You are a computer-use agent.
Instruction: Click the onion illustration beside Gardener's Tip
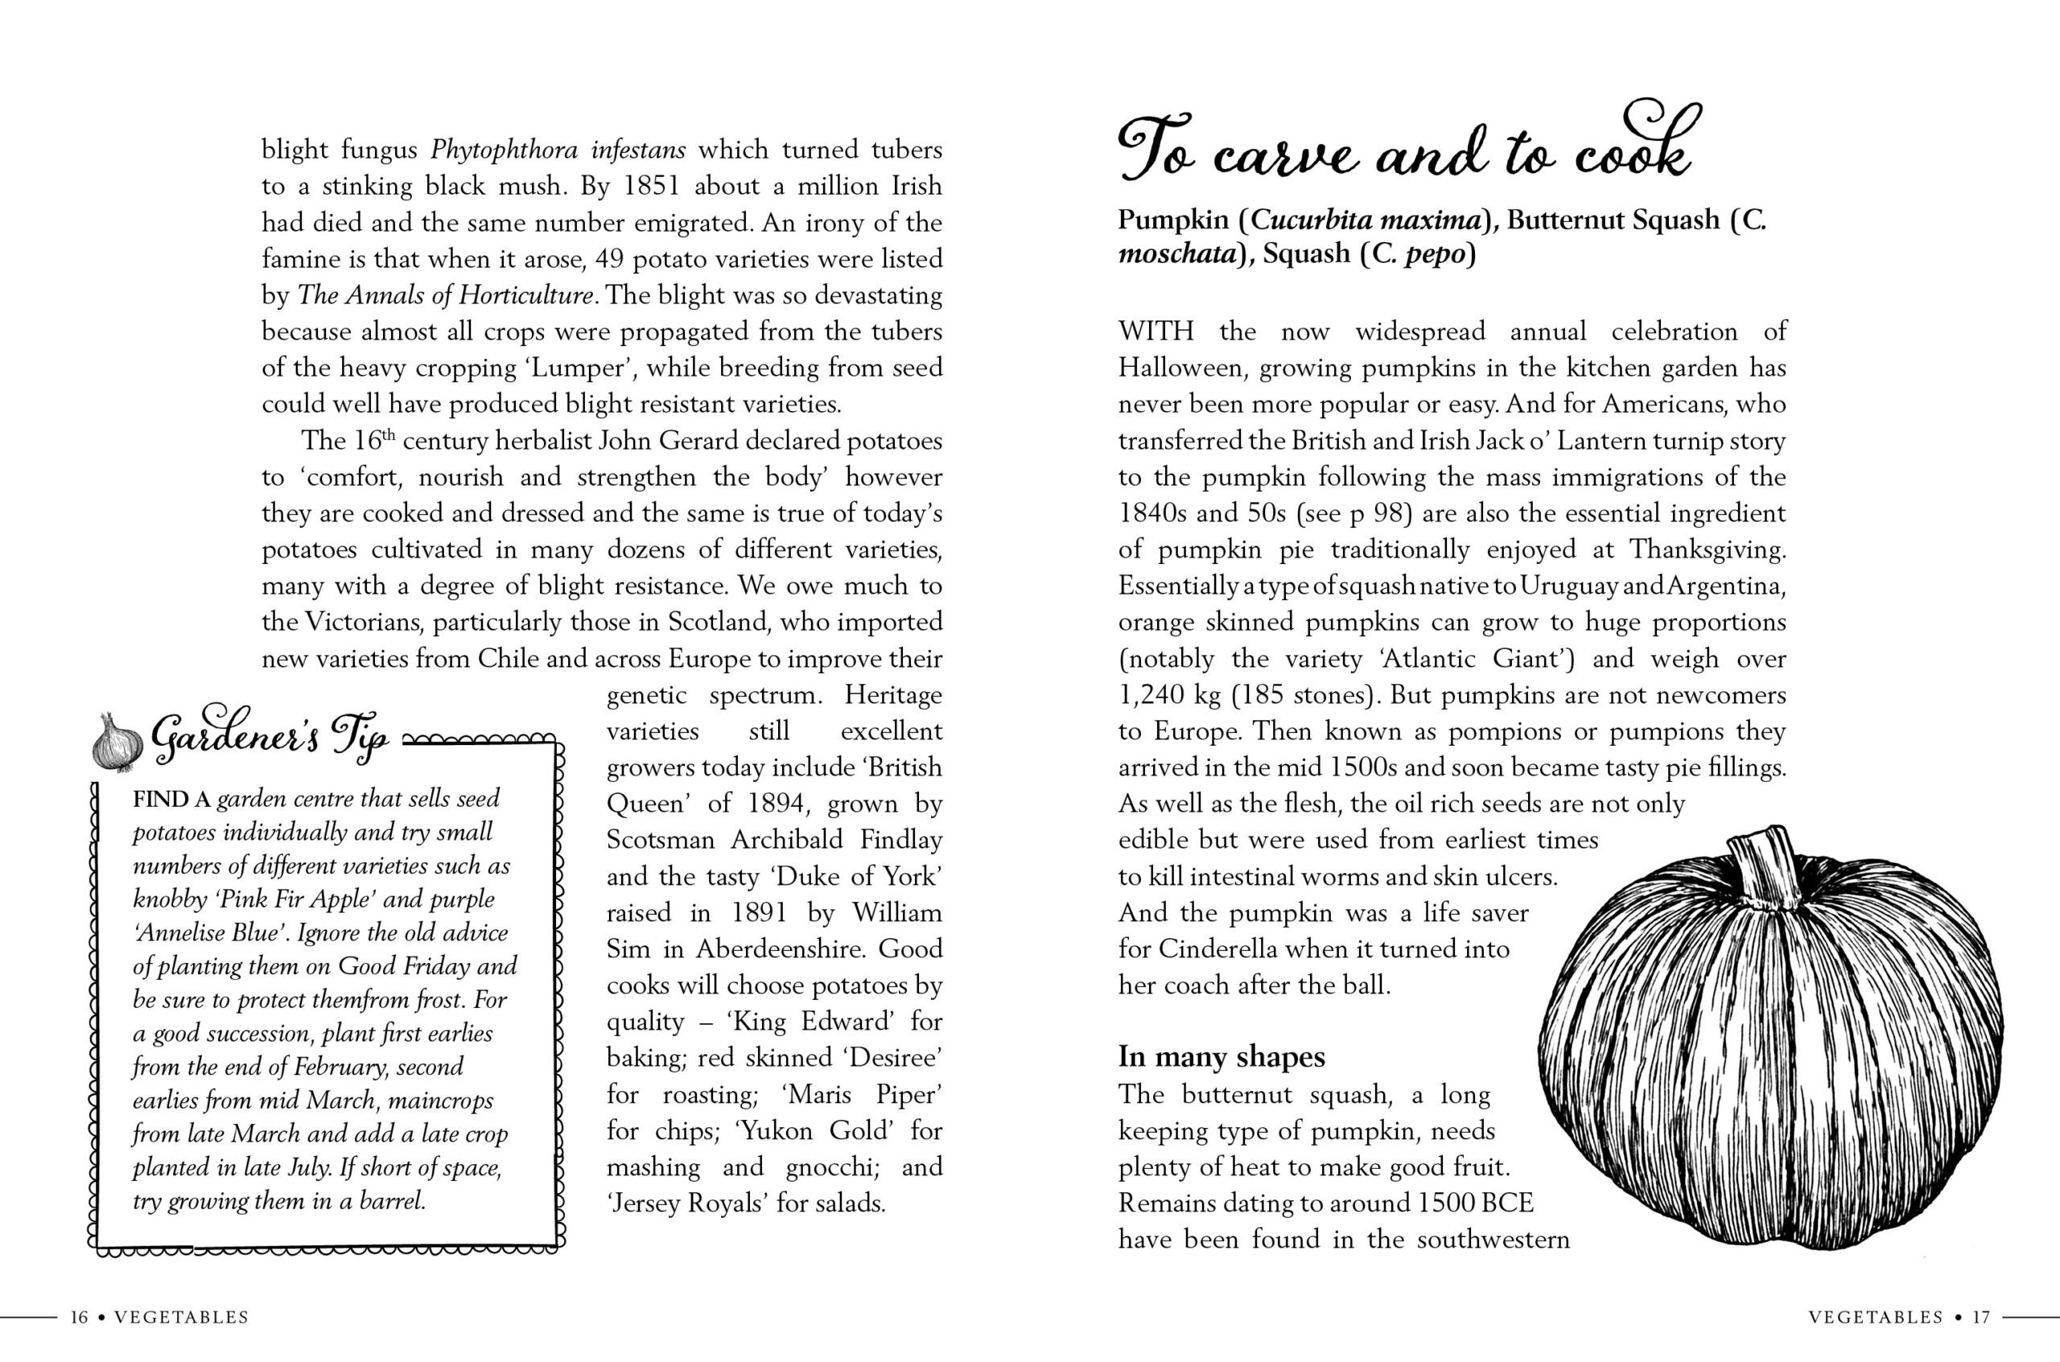[117, 743]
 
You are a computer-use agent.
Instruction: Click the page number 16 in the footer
[79, 1317]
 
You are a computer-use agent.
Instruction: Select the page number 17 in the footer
[1980, 1317]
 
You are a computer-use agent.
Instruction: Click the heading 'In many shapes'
[1221, 1056]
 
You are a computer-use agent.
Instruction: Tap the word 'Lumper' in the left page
[577, 368]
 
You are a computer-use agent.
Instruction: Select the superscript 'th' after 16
[389, 434]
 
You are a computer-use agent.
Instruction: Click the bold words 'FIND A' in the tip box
[171, 799]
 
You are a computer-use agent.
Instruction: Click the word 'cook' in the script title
[1634, 152]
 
